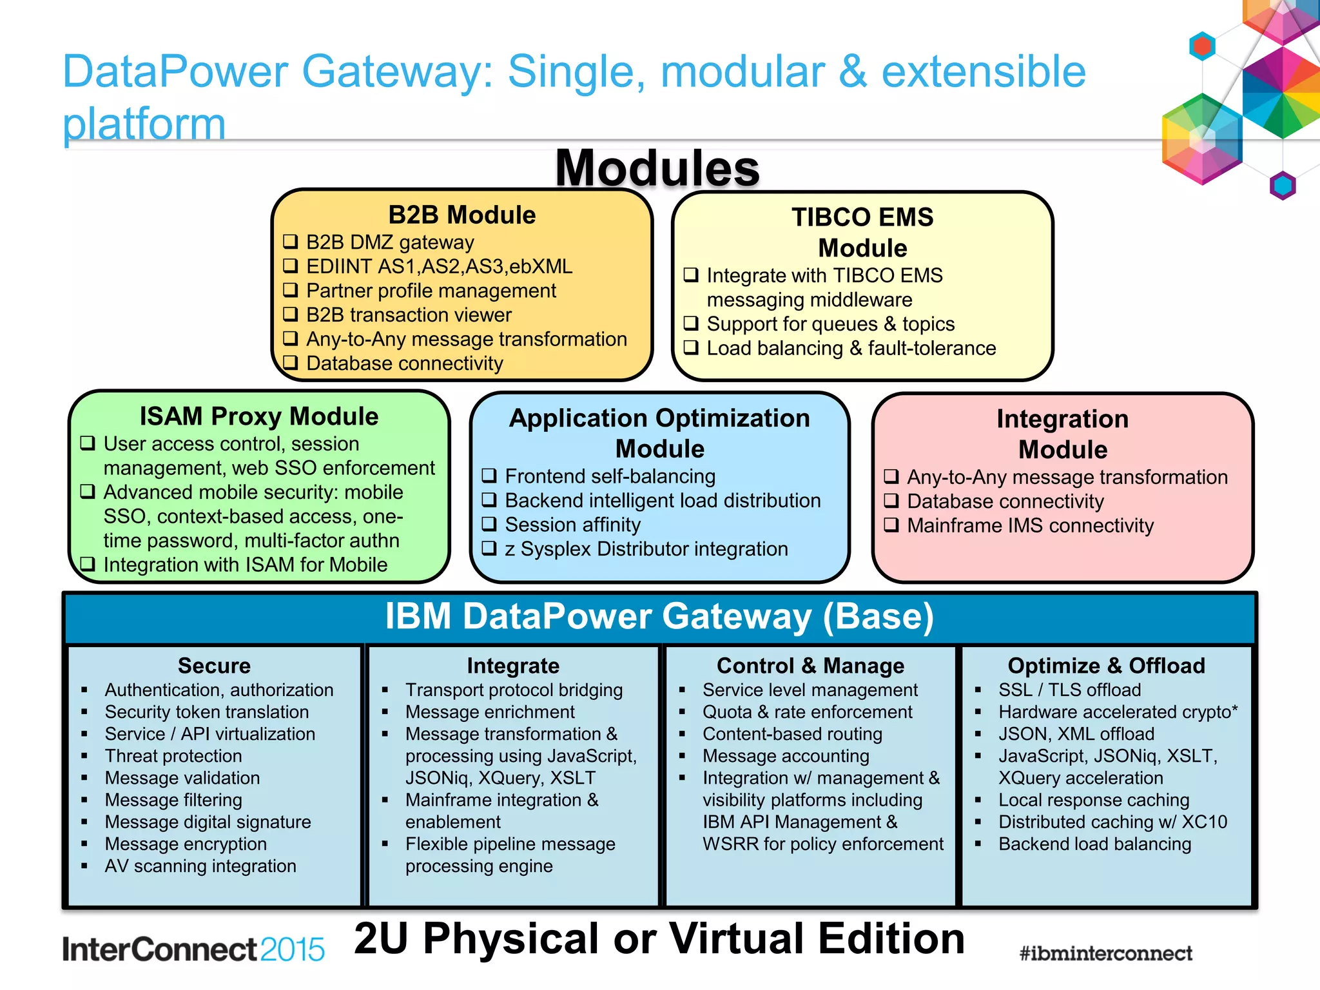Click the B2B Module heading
click(461, 215)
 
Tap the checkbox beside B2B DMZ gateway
click(291, 242)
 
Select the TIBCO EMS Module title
click(862, 233)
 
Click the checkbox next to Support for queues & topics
click(691, 323)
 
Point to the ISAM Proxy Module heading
click(259, 416)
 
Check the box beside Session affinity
click(489, 524)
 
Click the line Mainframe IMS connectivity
click(1030, 526)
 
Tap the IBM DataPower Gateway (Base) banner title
click(659, 616)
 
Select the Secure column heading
click(214, 665)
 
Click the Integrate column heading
click(513, 665)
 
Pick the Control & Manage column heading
click(810, 665)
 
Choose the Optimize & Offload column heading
click(1106, 665)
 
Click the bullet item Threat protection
click(173, 756)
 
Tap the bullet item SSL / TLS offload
click(1069, 690)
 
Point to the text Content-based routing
click(792, 734)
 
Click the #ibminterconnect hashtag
click(1105, 953)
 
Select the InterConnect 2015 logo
click(193, 949)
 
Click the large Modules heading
click(657, 168)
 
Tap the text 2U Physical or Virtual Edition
click(659, 938)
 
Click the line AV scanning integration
click(200, 866)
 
